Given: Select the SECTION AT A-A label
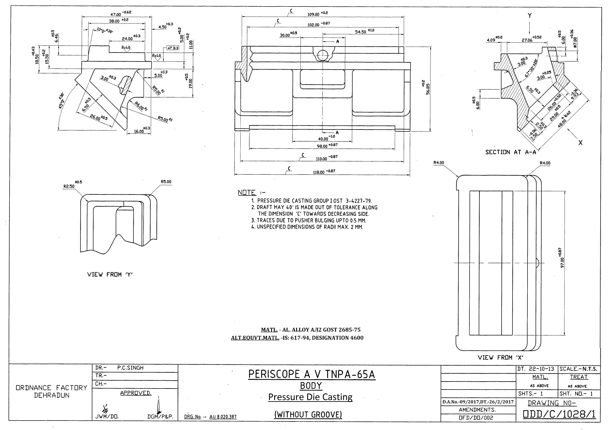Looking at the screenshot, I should pyautogui.click(x=511, y=152).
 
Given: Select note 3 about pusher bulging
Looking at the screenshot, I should pyautogui.click(x=309, y=220).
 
